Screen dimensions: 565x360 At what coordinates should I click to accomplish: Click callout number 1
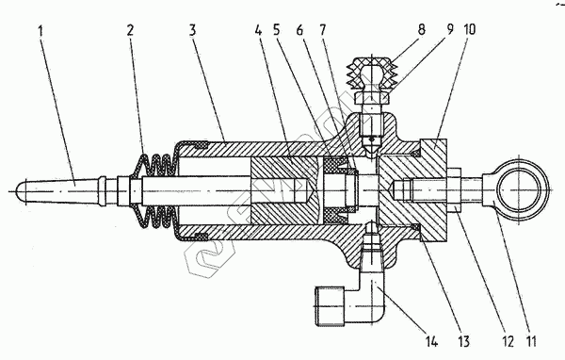pos(40,30)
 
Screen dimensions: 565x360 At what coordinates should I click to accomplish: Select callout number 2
pos(130,30)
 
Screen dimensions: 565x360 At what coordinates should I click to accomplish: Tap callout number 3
pos(193,30)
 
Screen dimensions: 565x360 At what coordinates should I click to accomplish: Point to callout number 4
pos(258,30)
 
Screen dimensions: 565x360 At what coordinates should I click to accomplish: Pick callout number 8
pos(421,29)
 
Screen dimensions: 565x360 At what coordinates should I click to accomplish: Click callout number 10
pos(469,29)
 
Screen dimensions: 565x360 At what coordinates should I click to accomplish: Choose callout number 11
pos(531,341)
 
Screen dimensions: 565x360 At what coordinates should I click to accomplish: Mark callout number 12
pos(508,341)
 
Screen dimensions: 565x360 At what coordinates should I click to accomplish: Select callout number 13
pos(464,341)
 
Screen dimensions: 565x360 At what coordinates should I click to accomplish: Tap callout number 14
pos(431,341)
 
